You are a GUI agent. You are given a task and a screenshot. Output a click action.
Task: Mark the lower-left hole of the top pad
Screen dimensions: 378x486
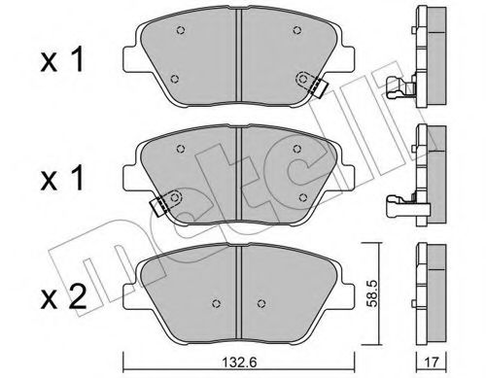click(x=174, y=79)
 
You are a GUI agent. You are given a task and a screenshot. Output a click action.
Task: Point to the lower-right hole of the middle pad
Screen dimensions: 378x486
click(x=303, y=197)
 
